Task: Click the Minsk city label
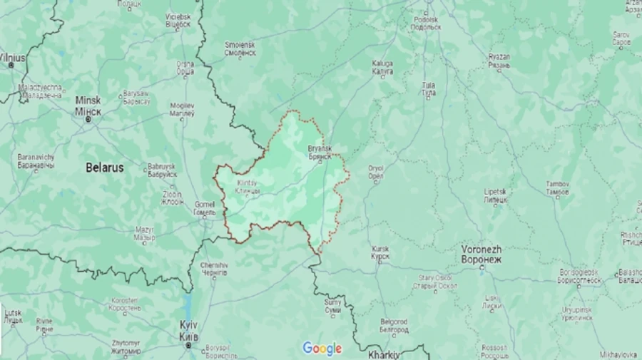coord(88,106)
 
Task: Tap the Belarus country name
coord(104,168)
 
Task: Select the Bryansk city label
coord(320,153)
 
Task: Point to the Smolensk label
coord(240,48)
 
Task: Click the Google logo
coord(322,348)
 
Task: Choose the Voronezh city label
coord(481,254)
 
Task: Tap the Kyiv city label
coord(188,329)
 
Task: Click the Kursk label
coord(380,252)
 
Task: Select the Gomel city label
coord(205,208)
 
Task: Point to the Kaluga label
coord(382,67)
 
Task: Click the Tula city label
coord(429,89)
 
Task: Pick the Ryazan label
coord(499,61)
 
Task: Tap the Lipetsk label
coord(495,196)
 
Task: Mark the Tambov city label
coord(558,188)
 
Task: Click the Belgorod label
coord(394,326)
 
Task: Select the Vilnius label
coord(12,58)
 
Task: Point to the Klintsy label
coord(248,188)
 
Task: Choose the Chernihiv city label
coord(214,269)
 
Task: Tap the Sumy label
coord(332,307)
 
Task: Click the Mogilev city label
coord(182,109)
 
